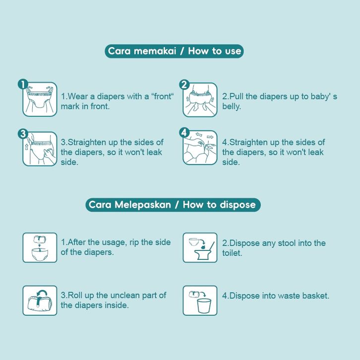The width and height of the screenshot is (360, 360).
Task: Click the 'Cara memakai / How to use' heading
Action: pos(174,51)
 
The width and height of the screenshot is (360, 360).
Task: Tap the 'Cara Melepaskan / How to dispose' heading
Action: pos(173,205)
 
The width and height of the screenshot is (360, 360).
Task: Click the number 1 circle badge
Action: pos(23,84)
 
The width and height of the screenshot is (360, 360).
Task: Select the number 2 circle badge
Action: pos(184,85)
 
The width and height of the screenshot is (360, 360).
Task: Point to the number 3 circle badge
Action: pos(23,133)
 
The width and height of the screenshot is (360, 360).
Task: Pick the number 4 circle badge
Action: pos(184,133)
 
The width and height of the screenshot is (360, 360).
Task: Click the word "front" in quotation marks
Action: pos(162,96)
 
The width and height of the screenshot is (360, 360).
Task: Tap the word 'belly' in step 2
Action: pos(231,106)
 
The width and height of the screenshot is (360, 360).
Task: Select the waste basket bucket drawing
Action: pos(204,306)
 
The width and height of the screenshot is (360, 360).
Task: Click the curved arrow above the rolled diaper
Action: pos(42,294)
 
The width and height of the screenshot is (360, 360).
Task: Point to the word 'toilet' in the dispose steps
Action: pos(232,253)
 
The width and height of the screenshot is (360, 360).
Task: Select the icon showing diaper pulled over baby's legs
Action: pos(200,100)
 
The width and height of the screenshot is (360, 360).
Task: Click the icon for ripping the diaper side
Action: pos(40,247)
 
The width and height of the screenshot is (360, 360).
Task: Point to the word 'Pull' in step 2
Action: pos(236,96)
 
